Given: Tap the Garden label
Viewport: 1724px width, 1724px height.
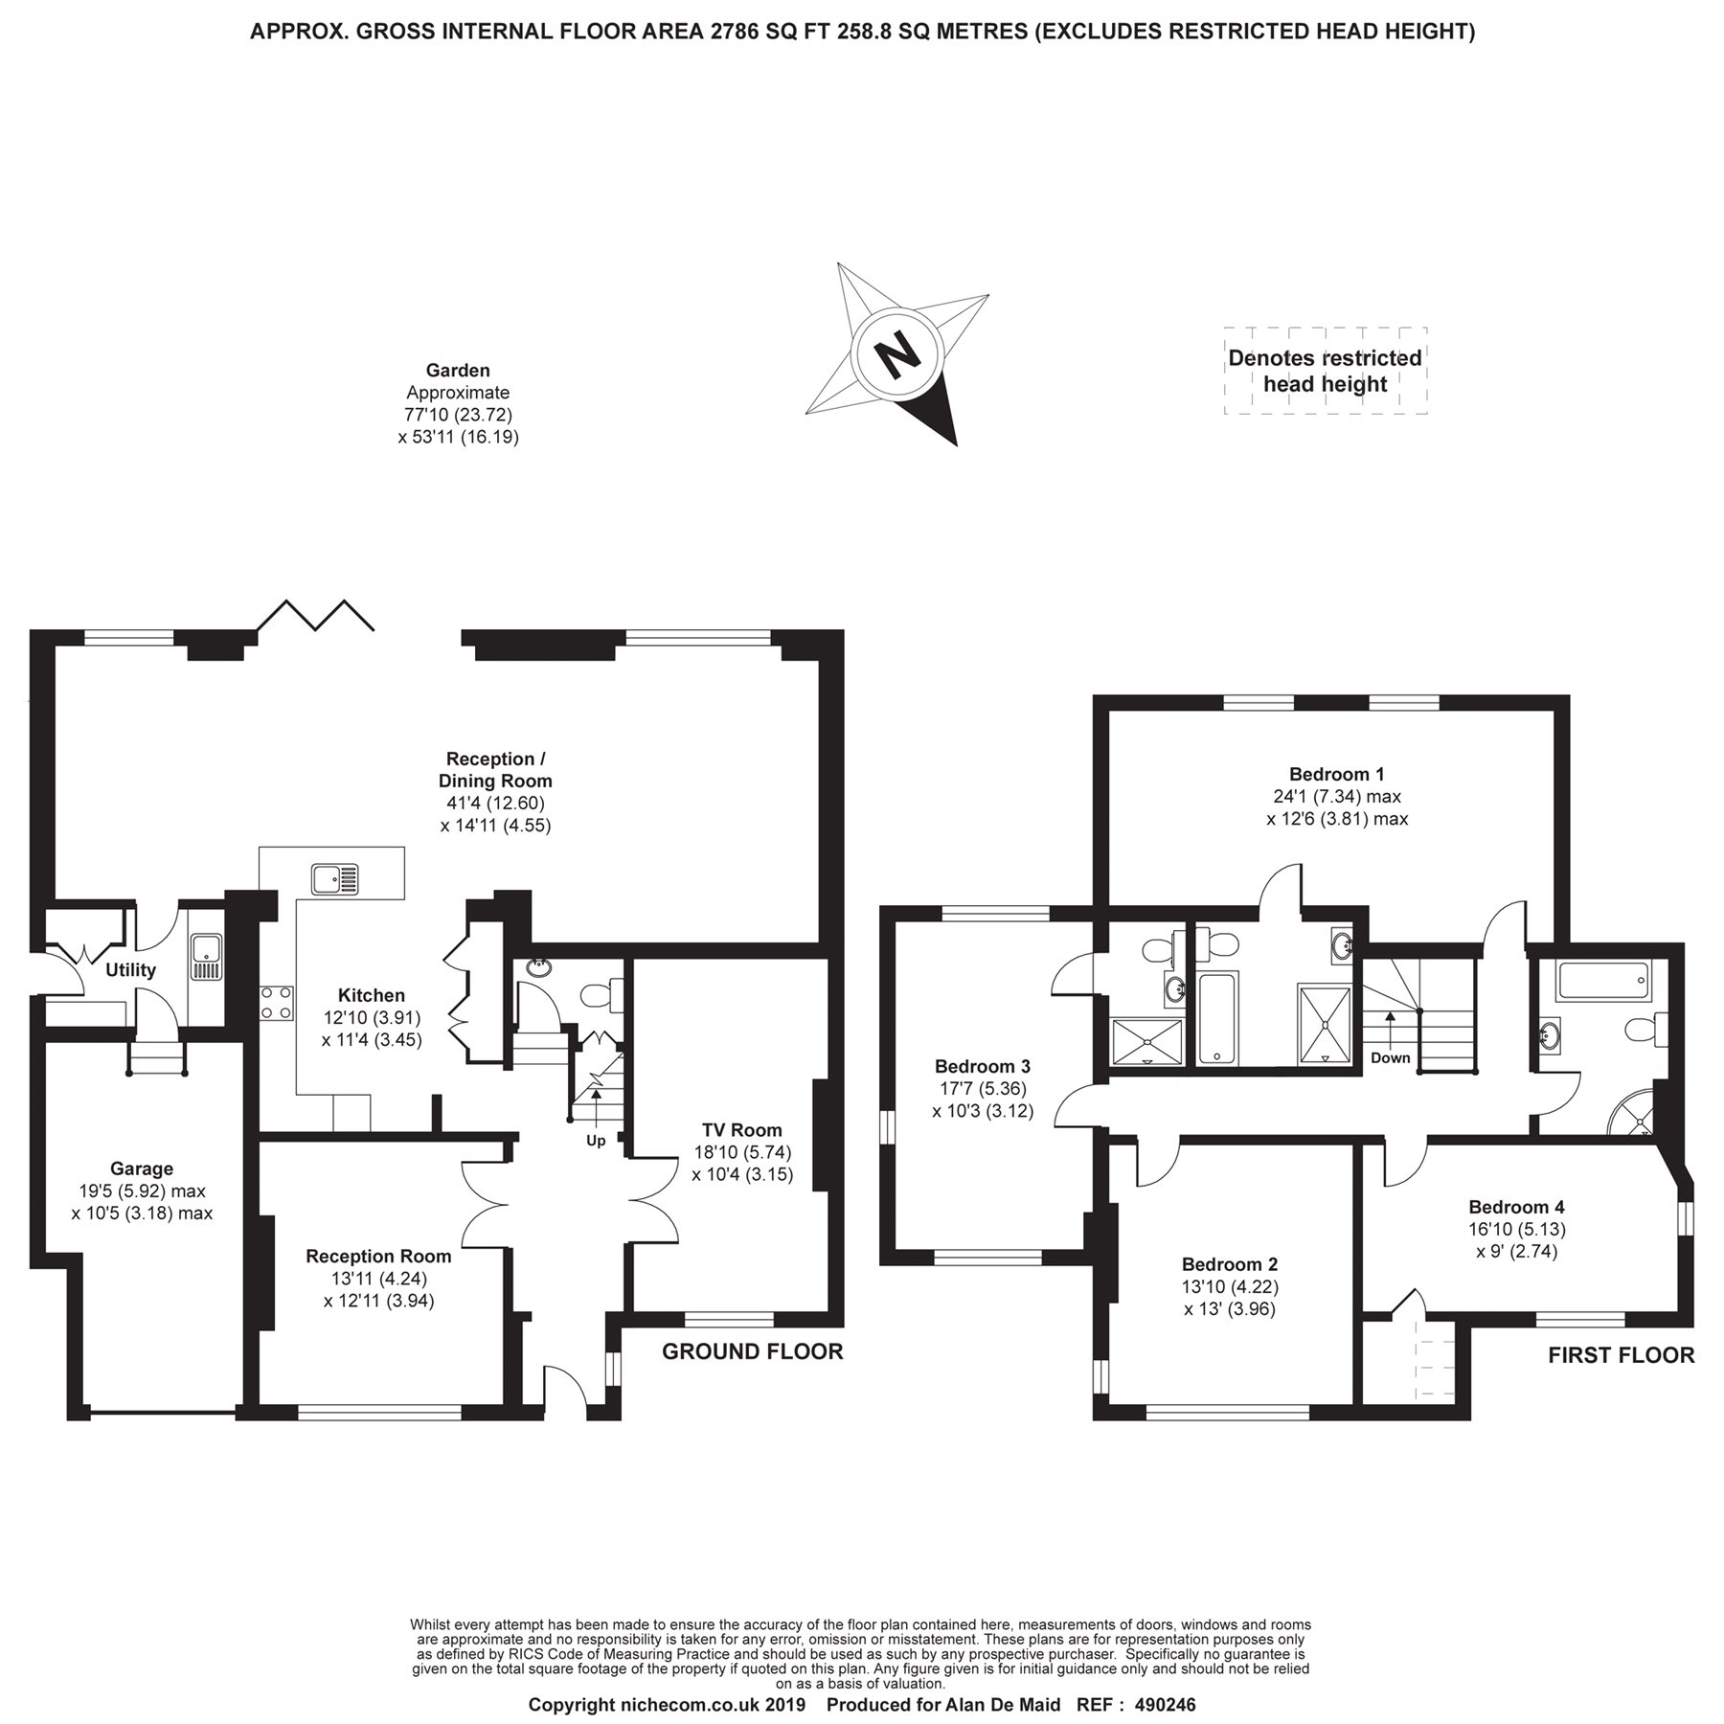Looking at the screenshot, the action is coord(458,371).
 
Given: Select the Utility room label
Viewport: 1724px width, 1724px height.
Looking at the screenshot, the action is coord(130,970).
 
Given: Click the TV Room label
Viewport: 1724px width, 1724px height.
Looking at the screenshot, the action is coord(743,1130).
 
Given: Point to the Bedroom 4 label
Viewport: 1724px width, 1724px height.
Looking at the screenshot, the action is coord(1516,1207).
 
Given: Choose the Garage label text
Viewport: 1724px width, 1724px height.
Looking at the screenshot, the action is coord(142,1168).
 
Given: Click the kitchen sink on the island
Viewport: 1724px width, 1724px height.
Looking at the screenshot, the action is coord(335,878).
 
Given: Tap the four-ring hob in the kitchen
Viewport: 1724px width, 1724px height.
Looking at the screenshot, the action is coord(276,1002).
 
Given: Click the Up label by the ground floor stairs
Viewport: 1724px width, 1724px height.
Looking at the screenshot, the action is coord(596,1141).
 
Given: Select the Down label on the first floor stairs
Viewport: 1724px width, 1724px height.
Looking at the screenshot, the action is coord(1390,1058).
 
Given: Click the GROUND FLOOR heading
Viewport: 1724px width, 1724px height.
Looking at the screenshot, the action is coord(753,1351).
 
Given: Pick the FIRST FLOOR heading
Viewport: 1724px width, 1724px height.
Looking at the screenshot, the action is coord(1622,1355).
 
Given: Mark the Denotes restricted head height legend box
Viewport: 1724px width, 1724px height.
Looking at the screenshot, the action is coord(1326,371).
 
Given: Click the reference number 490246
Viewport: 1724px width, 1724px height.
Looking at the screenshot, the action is coord(1165,1706).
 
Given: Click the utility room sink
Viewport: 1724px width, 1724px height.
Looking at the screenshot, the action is coord(206,957).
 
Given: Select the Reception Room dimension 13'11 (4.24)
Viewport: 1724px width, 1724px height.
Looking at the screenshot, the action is coord(378,1278).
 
